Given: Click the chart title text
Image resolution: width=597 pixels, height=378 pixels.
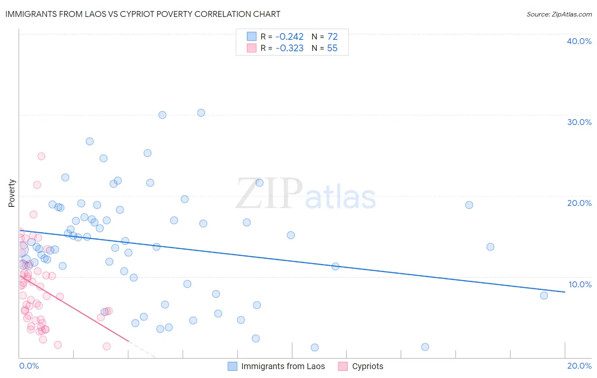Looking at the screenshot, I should pos(143,14).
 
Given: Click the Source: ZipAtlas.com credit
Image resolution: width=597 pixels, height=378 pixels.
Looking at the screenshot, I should pos(559,14).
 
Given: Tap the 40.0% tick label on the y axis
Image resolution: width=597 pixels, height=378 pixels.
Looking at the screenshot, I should pos(579,41).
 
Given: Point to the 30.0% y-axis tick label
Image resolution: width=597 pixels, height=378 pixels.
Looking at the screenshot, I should pos(579,122).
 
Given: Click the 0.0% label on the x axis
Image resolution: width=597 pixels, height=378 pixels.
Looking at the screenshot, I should pos(29,366).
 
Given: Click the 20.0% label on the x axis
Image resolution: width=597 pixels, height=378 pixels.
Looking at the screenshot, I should pos(579,366).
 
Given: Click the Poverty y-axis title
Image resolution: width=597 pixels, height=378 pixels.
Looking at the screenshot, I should pos(11,193).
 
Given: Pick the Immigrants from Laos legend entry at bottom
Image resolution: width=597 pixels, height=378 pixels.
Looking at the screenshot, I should pos(283,366).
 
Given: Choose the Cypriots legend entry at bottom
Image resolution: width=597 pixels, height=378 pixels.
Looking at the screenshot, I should pos(367,366).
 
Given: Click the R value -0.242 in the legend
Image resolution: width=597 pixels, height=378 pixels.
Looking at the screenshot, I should pos(289,37).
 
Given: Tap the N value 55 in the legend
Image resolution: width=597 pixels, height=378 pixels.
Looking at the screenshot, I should pos(332,48).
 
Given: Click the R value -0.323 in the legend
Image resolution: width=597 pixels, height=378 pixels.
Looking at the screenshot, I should pos(289,48).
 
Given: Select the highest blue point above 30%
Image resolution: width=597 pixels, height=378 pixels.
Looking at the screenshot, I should pos(201,113).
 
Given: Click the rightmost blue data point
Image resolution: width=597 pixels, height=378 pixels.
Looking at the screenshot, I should pos(544,295).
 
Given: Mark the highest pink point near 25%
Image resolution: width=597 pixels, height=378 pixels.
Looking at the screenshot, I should pos(41,156).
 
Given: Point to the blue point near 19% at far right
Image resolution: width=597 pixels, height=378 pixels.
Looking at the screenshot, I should pos(469,205).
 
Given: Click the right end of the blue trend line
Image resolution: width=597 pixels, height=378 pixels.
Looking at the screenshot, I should pos(565,292).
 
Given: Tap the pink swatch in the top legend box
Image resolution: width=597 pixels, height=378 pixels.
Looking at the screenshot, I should pos(252,48).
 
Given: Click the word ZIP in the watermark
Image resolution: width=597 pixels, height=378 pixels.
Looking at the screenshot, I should pos(269,194).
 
